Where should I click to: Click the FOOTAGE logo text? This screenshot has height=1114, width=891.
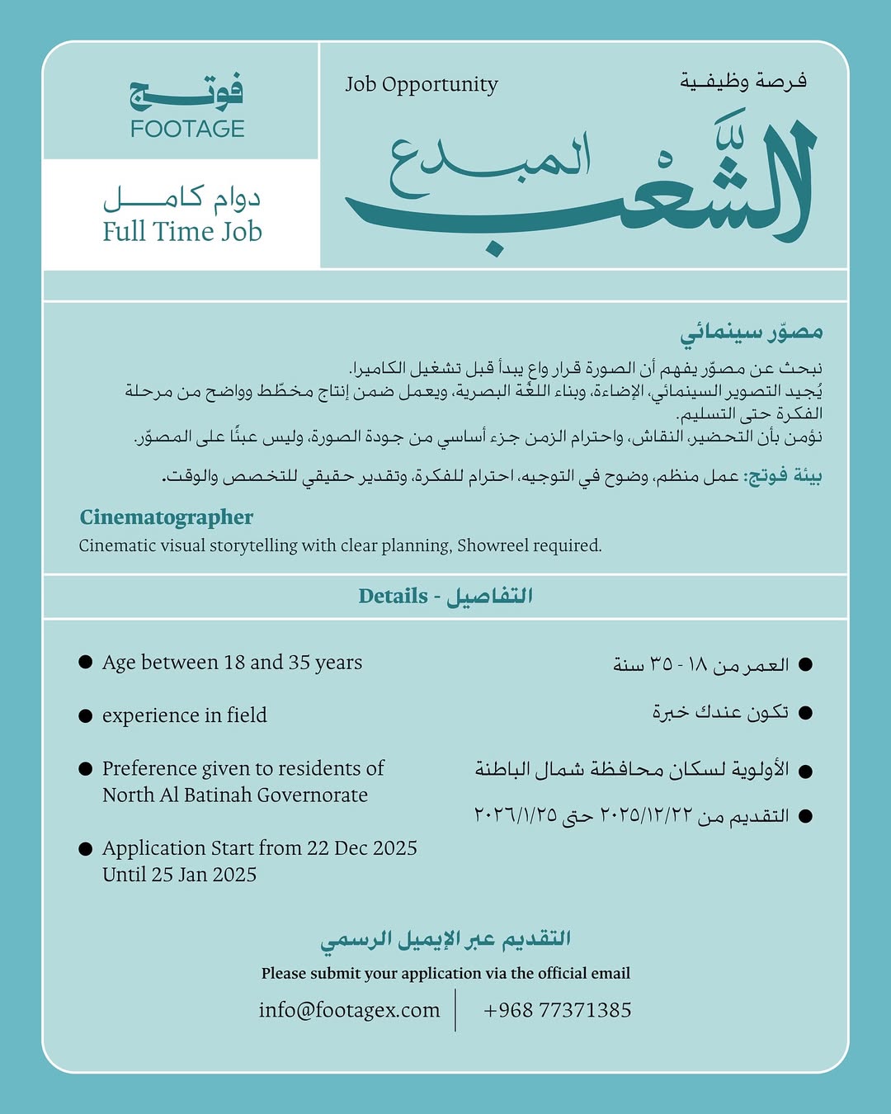187,129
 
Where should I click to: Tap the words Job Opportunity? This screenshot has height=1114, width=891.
422,84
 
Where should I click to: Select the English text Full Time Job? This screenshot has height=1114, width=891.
182,231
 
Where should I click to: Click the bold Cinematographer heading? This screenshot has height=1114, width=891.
167,517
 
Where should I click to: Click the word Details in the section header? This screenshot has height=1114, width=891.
393,596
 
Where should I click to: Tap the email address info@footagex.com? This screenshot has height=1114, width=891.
349,1010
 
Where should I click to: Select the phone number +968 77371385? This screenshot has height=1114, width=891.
558,1010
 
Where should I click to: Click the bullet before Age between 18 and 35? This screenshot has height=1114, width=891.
85,662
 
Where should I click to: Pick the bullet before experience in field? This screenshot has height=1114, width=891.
85,715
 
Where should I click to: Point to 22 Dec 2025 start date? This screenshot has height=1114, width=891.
362,847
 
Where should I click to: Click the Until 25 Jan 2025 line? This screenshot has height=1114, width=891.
180,875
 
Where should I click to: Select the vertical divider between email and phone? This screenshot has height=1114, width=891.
455,1009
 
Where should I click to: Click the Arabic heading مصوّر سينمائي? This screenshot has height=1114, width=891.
752,333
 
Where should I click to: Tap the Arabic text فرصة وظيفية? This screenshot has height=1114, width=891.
743,81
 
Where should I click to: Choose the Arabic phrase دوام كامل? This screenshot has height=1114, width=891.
181,198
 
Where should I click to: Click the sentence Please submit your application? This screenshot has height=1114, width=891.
445,973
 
